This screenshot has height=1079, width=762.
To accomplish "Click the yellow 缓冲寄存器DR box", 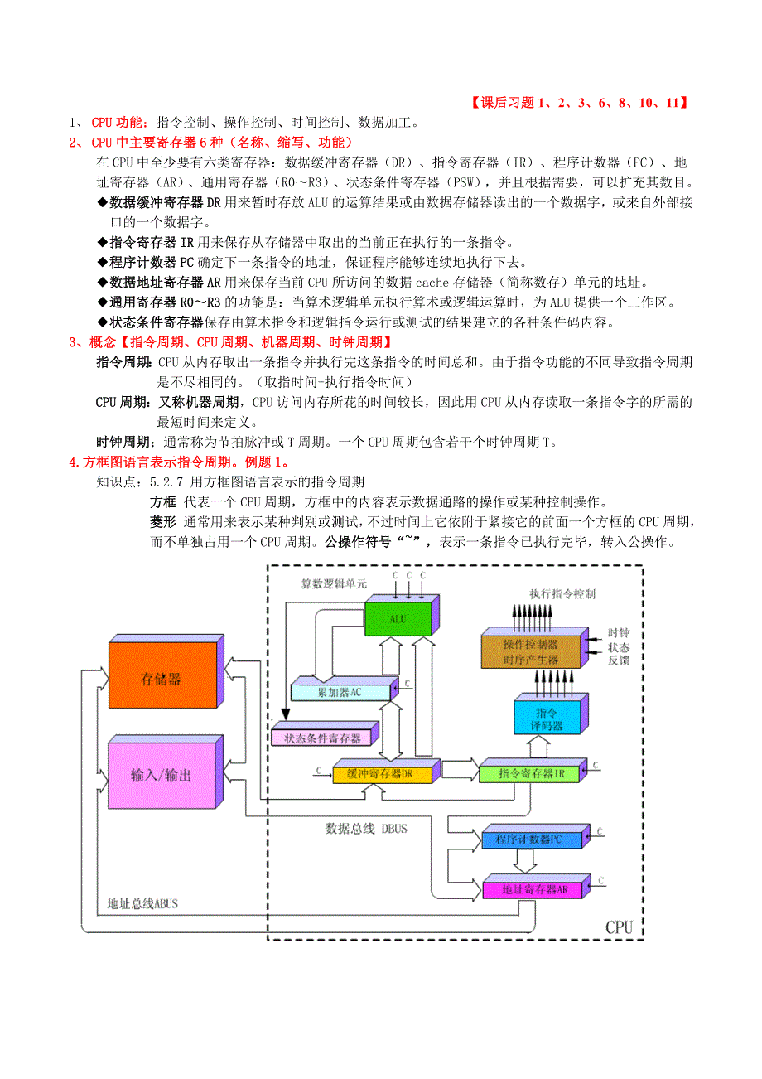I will pyautogui.click(x=382, y=775).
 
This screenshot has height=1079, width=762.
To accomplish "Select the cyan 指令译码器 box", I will pyautogui.click(x=547, y=719).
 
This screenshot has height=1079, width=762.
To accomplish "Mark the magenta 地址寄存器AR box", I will pyautogui.click(x=534, y=890).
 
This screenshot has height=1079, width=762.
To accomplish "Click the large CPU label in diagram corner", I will pyautogui.click(x=619, y=927).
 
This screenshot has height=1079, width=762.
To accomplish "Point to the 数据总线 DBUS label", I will pyautogui.click(x=365, y=828).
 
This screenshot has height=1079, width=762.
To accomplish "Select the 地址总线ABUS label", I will pyautogui.click(x=142, y=903).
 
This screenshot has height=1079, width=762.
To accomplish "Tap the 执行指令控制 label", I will pyautogui.click(x=562, y=594).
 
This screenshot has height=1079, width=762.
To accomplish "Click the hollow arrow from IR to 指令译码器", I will pyautogui.click(x=538, y=747).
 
